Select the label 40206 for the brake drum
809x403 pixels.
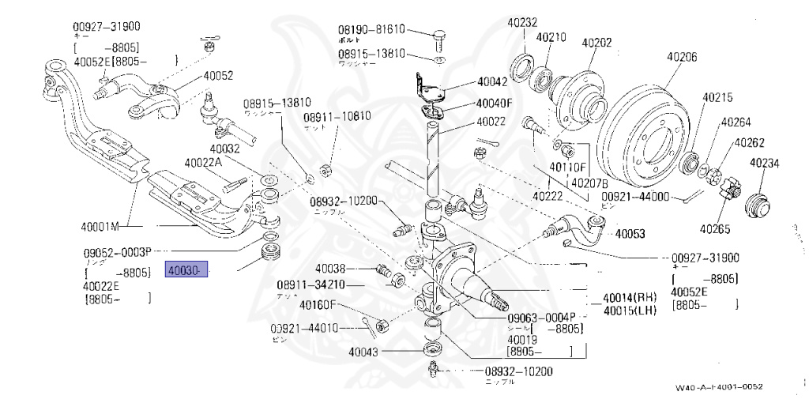click(x=682, y=57)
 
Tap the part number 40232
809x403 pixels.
click(x=522, y=23)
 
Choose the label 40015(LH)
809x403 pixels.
click(x=630, y=310)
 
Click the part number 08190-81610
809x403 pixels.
click(x=371, y=29)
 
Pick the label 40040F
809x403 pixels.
click(x=495, y=103)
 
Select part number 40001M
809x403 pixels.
click(x=100, y=227)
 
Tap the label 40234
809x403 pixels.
click(x=764, y=164)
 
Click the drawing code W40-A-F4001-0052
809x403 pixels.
click(x=719, y=387)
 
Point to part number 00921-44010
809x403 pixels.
click(x=304, y=328)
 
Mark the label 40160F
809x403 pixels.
click(x=318, y=305)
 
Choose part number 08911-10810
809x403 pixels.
click(x=337, y=116)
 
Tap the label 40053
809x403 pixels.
click(x=630, y=234)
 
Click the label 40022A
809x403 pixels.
click(x=204, y=163)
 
